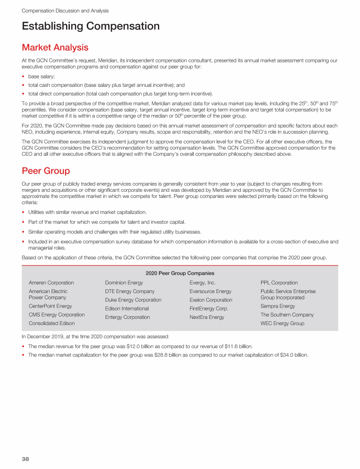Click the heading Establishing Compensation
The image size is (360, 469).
(90, 26)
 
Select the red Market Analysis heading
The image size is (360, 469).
(55, 47)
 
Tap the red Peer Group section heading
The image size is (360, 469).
(45, 171)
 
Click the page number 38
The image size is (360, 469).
(25, 459)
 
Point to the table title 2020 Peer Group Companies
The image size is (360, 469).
(180, 273)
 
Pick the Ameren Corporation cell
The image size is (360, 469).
(51, 283)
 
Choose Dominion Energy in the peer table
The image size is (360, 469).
(124, 283)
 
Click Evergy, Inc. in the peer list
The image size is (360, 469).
(202, 283)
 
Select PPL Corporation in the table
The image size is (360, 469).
(279, 283)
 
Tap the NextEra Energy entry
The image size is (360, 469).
(207, 318)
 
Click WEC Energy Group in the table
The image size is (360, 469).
(282, 324)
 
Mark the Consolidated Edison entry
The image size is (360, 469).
(52, 324)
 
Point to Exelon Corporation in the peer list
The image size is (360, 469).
(210, 300)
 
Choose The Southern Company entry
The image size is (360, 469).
(287, 315)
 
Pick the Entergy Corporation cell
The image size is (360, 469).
(127, 318)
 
